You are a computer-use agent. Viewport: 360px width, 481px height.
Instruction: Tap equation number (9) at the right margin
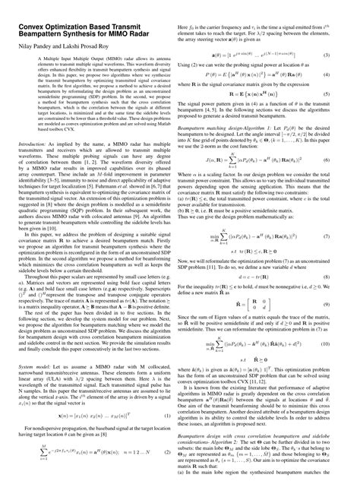(x=346, y=322)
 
